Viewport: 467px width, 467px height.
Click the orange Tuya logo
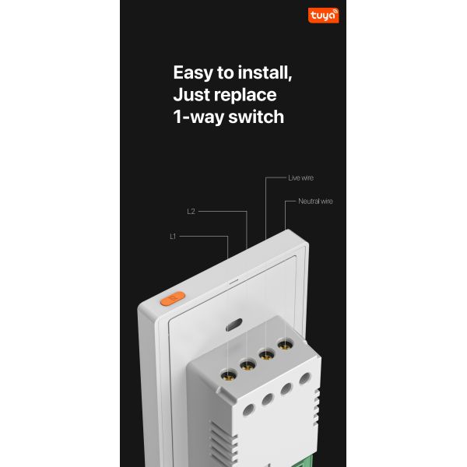(324, 16)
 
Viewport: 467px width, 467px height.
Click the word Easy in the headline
(193, 73)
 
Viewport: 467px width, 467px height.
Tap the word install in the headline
(265, 72)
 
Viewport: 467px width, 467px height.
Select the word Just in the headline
(191, 95)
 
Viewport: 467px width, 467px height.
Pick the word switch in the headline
(256, 116)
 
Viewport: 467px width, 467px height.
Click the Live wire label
(300, 177)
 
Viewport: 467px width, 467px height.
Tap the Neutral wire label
(315, 202)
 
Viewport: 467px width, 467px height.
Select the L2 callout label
(191, 212)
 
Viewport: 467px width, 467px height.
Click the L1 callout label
(173, 237)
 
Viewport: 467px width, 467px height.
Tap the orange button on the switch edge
(173, 298)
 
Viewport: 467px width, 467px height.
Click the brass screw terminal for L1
(229, 374)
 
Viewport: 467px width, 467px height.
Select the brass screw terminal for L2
(248, 364)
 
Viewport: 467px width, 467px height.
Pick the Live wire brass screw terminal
(266, 354)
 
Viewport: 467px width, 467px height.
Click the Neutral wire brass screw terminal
(286, 345)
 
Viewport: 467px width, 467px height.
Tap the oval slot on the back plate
(234, 325)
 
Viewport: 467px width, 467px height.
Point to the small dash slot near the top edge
(233, 281)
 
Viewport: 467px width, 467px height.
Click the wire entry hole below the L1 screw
(249, 410)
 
